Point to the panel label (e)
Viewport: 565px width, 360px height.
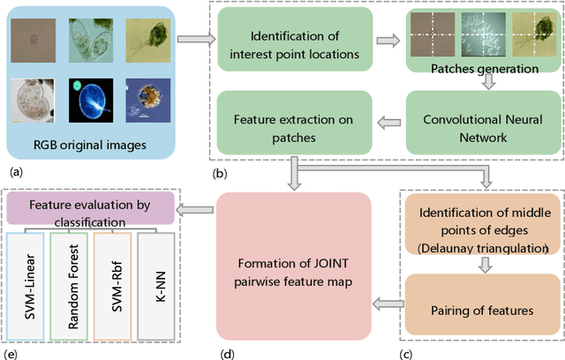pos(12,352)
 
